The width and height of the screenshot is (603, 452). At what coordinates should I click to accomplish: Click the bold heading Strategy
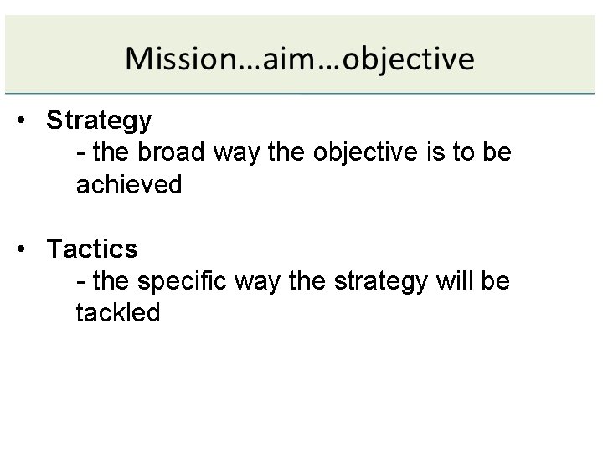coord(100,121)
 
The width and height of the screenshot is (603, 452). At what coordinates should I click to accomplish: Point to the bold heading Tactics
coord(92,249)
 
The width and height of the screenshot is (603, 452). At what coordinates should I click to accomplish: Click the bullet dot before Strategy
coord(28,121)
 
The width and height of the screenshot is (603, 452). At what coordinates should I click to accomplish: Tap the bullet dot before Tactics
coord(28,249)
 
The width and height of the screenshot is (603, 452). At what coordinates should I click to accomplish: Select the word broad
coord(173,153)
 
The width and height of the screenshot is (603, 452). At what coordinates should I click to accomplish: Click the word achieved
coord(129,185)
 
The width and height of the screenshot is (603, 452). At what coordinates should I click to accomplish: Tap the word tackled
coord(117,312)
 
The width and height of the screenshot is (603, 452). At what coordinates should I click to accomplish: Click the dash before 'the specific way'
coord(80,282)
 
